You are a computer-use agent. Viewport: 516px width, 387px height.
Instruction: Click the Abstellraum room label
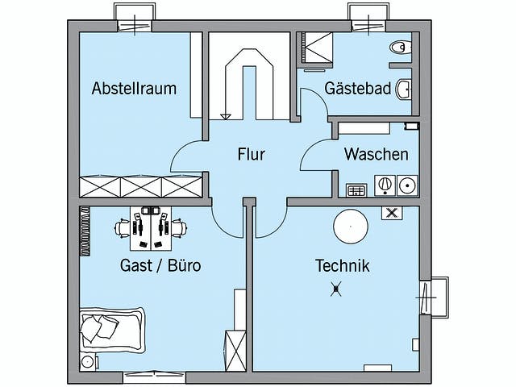tap(134, 88)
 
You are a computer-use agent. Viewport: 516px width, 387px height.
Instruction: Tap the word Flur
tap(251, 153)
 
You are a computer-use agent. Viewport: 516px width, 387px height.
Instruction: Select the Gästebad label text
tap(359, 88)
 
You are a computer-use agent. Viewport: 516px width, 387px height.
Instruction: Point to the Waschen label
tap(376, 154)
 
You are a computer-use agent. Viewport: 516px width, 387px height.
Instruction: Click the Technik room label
tap(342, 264)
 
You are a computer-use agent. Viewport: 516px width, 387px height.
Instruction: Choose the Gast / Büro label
tap(160, 264)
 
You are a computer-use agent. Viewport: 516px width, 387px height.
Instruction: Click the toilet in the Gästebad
tap(399, 48)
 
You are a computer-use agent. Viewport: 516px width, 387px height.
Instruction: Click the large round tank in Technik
tap(351, 226)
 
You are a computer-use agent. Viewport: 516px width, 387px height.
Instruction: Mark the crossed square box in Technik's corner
tap(392, 214)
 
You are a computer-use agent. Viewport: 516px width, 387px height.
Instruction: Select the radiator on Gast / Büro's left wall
tap(84, 231)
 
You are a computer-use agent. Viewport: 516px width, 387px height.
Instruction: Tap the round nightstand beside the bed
tap(87, 361)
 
